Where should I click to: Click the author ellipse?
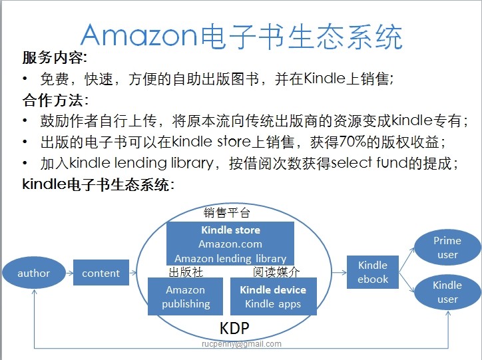coord(33,273)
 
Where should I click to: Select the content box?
coord(101,273)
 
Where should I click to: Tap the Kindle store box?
coord(230,244)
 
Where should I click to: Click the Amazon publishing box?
coord(186,297)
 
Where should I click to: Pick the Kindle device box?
coord(273,297)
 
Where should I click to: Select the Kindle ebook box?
coord(373,272)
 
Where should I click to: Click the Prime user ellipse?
coord(447,248)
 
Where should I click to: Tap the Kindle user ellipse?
coord(447,292)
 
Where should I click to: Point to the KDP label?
coord(234,328)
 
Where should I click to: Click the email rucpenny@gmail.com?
coord(241,344)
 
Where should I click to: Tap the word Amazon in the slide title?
coord(140,36)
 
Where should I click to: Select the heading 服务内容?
coord(53,58)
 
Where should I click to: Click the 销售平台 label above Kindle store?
coord(227,213)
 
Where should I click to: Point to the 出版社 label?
coord(186,271)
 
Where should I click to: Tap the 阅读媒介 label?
coord(276,271)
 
